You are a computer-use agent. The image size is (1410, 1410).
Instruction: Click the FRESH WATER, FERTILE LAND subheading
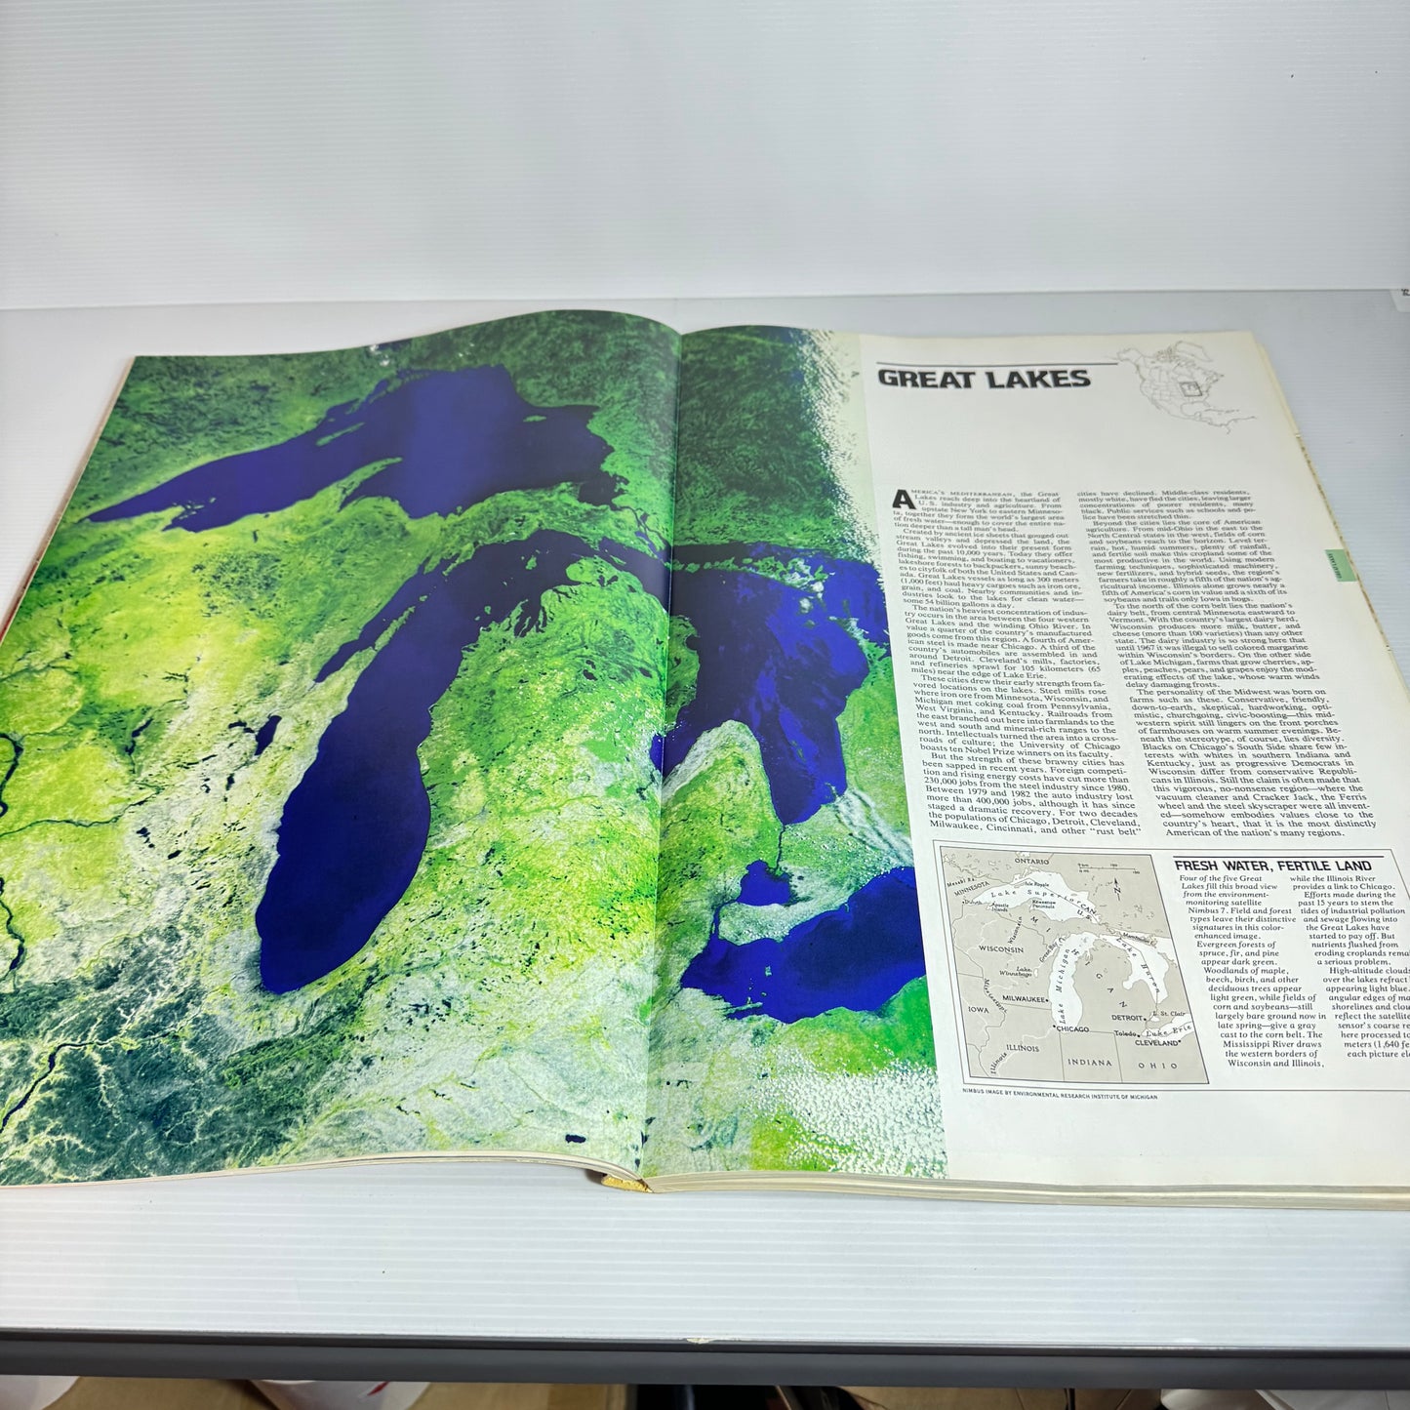[1272, 866]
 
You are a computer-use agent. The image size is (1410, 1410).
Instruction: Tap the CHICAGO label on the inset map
[1072, 1028]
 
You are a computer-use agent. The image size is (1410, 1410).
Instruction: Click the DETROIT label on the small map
[1128, 1018]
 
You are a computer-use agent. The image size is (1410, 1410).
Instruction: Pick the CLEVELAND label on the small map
[1159, 1042]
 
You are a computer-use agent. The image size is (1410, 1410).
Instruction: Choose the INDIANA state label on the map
[1089, 1062]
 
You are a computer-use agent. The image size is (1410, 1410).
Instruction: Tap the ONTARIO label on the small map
[1031, 862]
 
